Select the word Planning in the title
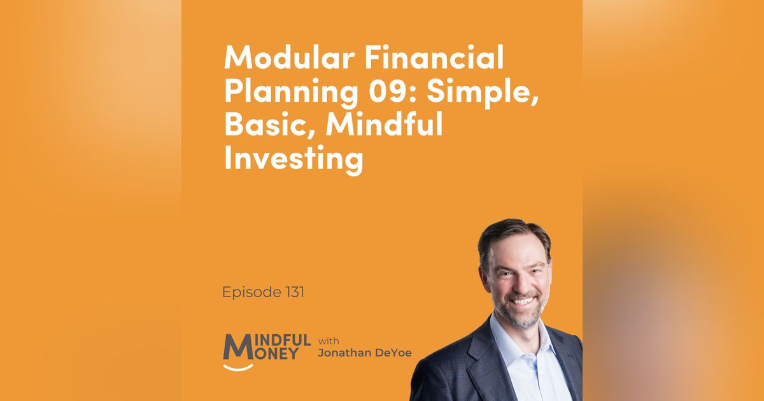pyautogui.click(x=291, y=93)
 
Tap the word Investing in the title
pyautogui.click(x=294, y=159)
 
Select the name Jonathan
pyautogui.click(x=341, y=354)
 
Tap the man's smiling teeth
pyautogui.click(x=523, y=299)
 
